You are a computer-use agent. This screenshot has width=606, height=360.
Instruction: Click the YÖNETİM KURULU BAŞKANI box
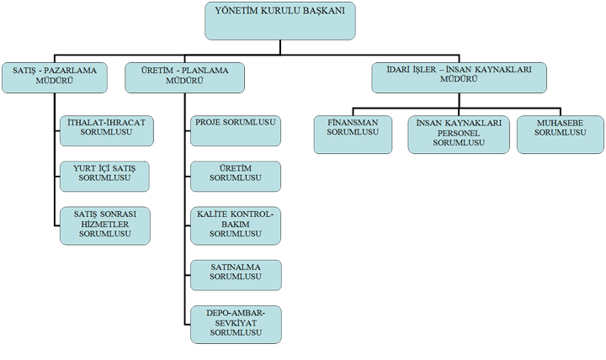(x=279, y=21)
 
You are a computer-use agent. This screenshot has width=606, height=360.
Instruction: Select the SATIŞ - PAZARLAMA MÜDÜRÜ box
(x=55, y=77)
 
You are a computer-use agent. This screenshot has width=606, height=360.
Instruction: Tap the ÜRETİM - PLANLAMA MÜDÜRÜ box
(x=184, y=77)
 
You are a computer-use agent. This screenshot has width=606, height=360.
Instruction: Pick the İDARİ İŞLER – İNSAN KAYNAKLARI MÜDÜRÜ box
(x=460, y=77)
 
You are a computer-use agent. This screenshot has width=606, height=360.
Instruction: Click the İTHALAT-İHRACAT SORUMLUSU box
(x=107, y=131)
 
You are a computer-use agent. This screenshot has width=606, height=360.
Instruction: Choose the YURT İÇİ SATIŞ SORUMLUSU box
(x=104, y=177)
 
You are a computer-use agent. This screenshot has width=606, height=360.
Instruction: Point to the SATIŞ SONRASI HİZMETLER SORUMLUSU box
(x=104, y=226)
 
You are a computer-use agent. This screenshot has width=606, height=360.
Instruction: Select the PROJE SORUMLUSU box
(x=236, y=131)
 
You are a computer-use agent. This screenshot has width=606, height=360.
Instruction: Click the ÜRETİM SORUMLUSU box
(x=236, y=177)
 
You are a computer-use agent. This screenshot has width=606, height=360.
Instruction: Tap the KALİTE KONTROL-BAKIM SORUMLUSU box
(x=236, y=226)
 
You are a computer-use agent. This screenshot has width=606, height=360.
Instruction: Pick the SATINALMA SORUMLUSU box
(x=236, y=275)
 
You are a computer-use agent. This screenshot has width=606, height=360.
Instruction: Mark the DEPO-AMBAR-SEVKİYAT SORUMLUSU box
(x=236, y=325)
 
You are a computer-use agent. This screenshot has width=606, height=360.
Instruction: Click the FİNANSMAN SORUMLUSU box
(x=353, y=135)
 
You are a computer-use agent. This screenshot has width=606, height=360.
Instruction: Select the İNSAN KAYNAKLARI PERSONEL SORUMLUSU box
(x=459, y=135)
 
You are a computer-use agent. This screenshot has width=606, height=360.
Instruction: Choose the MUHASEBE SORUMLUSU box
(x=561, y=135)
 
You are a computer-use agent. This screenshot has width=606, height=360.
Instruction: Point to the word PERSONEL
(x=459, y=133)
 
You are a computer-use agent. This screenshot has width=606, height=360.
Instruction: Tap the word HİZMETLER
(x=105, y=225)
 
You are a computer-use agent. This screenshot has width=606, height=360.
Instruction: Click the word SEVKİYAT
(x=236, y=323)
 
